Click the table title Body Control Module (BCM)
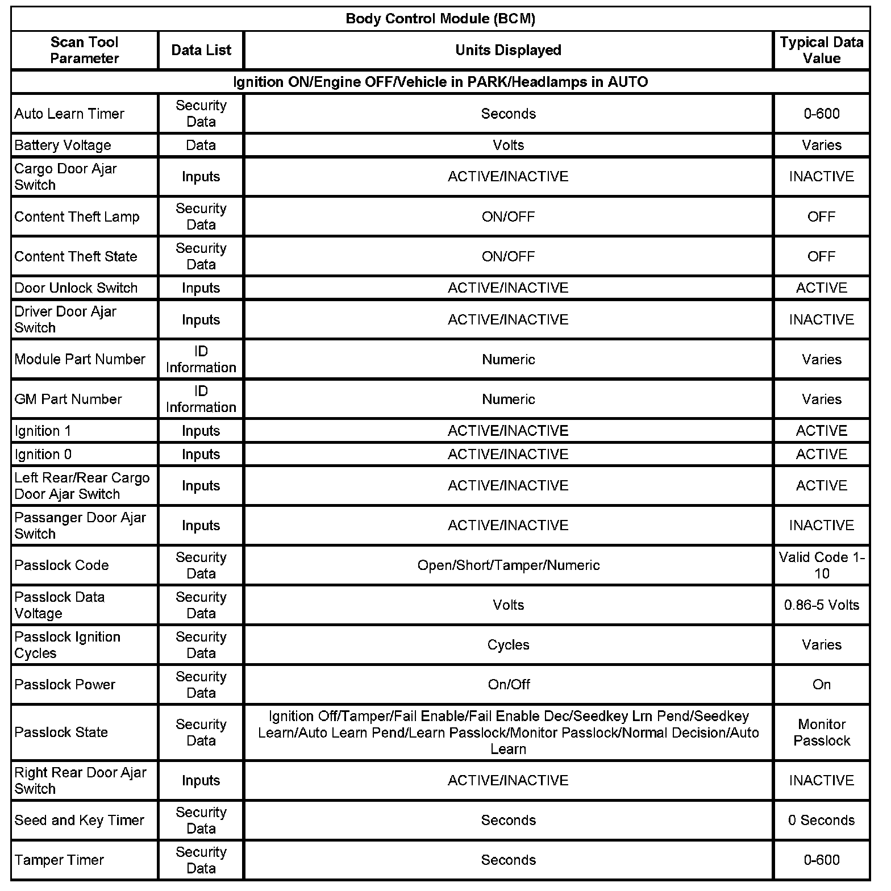[x=440, y=19]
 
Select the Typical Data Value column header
[x=821, y=50]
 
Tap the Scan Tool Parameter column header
[x=84, y=50]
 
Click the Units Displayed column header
[x=508, y=50]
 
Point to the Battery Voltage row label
[x=63, y=145]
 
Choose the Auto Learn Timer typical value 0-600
[x=821, y=114]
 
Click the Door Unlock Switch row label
[x=76, y=288]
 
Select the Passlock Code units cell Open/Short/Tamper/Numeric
[x=508, y=565]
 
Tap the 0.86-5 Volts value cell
[x=821, y=605]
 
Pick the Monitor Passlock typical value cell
[x=821, y=732]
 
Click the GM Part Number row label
[x=68, y=399]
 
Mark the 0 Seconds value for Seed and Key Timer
[x=821, y=821]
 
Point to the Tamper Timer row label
[x=59, y=860]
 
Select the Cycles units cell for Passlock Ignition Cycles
[x=508, y=645]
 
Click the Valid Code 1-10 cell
[x=821, y=565]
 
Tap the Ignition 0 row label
[x=43, y=455]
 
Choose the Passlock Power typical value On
[x=821, y=685]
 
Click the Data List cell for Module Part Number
[x=201, y=360]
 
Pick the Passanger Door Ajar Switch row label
[x=80, y=526]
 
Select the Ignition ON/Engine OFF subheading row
[x=440, y=82]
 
